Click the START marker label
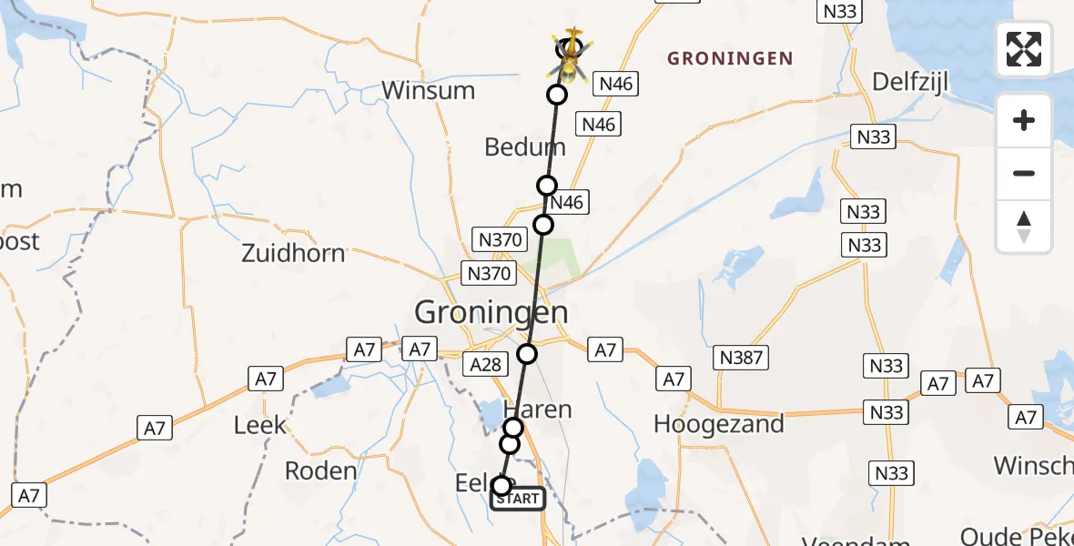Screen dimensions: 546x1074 (518, 499)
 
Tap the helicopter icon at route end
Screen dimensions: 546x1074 (570, 57)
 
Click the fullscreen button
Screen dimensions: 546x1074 (1024, 49)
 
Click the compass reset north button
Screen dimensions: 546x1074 (1024, 227)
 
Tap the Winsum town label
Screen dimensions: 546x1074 (428, 90)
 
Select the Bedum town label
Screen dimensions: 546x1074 (525, 147)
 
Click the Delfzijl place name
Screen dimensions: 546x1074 (910, 83)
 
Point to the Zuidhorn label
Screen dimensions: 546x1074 (293, 252)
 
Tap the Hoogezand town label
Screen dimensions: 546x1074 (718, 423)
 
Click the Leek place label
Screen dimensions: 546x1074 (259, 424)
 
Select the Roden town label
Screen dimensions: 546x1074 (320, 470)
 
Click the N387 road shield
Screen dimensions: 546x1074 (741, 358)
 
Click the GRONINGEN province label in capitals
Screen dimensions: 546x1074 (730, 59)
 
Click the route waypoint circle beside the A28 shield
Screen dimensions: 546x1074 (527, 354)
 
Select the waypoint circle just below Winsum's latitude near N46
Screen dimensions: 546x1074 (557, 95)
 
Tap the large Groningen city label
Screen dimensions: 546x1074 (491, 312)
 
